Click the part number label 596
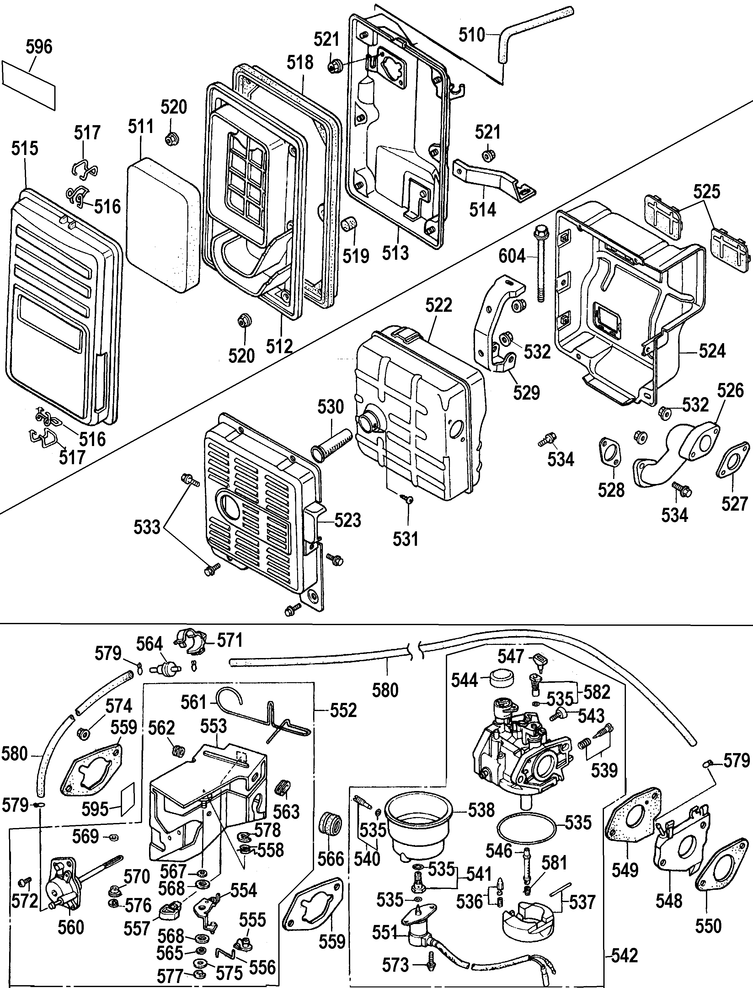pos(39,47)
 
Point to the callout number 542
pos(624,956)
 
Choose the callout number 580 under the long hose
pos(386,690)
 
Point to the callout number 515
pos(25,148)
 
